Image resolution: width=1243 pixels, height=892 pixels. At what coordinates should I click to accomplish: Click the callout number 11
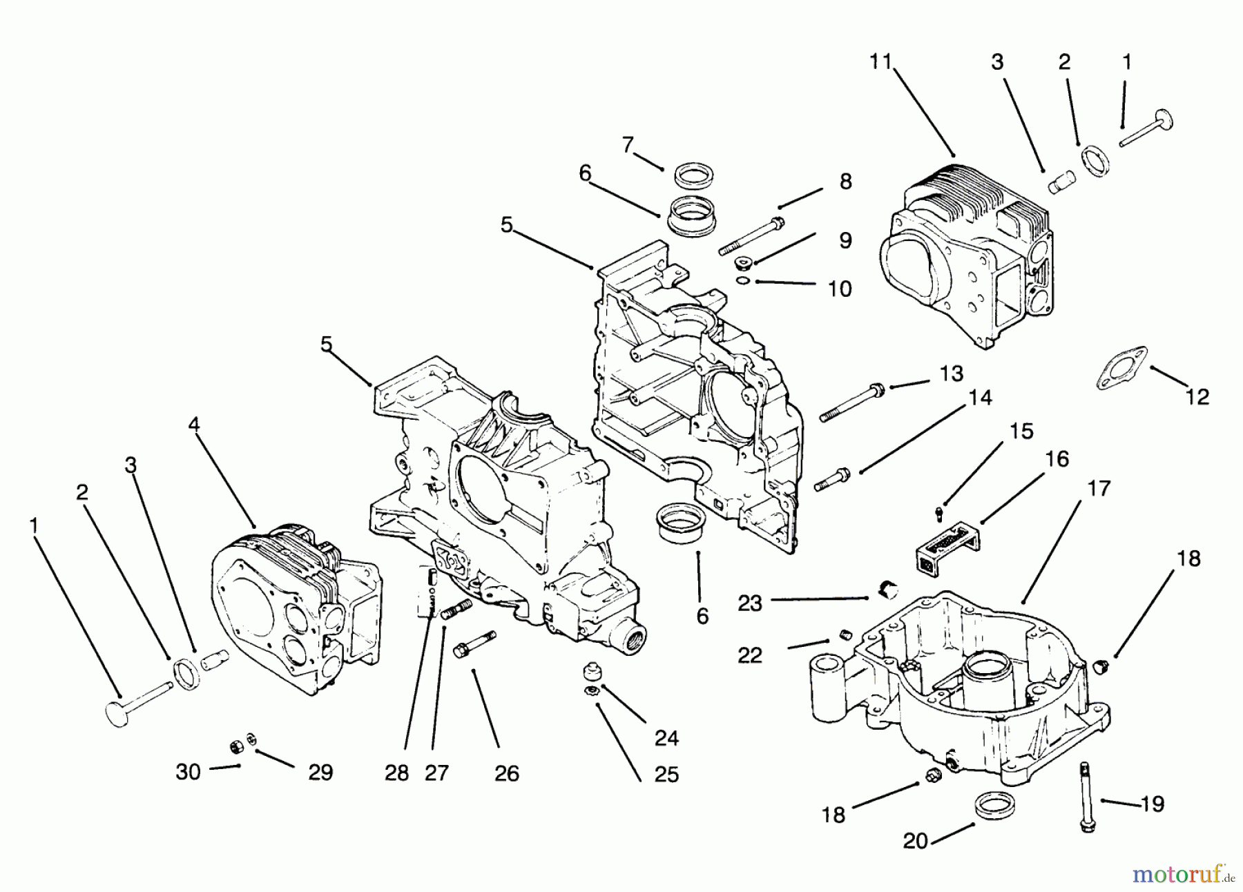881,61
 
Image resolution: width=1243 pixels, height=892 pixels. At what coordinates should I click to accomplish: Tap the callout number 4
194,424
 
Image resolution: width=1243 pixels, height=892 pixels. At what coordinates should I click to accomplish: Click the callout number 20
915,842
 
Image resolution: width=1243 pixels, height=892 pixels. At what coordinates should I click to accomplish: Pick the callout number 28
396,773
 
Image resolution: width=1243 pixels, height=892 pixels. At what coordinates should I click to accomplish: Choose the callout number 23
749,603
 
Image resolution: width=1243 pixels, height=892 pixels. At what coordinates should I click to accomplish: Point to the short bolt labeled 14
832,479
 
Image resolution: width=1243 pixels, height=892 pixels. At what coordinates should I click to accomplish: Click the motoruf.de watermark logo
1182,875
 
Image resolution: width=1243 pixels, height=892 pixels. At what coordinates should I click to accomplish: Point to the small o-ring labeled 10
742,280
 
